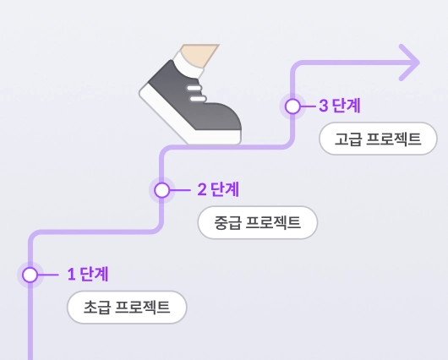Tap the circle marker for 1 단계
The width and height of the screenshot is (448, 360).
(30, 275)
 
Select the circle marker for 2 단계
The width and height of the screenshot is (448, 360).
(162, 189)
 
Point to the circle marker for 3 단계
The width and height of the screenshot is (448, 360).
(292, 106)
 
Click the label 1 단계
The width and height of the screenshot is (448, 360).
(88, 274)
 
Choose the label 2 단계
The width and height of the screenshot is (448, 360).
(218, 188)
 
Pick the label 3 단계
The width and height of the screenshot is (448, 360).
(340, 106)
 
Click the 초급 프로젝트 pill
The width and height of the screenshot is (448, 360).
(127, 307)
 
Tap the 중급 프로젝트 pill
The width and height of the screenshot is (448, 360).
(257, 223)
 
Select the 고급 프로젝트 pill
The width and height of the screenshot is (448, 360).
(378, 139)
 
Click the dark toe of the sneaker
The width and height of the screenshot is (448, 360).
(221, 123)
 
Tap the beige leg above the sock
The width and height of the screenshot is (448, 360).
(199, 52)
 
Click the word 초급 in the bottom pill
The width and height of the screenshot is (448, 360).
(96, 307)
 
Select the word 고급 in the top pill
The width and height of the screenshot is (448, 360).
(347, 139)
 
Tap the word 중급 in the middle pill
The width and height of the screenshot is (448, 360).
(227, 223)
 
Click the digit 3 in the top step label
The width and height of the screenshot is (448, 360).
(324, 106)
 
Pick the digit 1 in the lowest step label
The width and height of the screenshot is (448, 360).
(71, 274)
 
